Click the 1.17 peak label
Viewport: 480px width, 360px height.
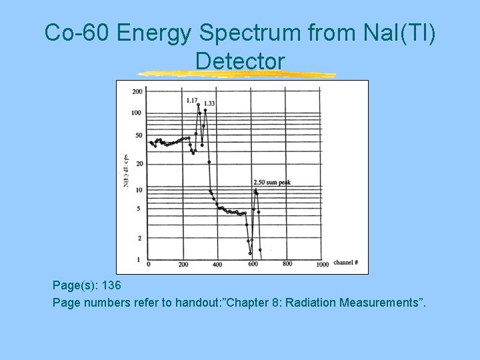(192, 100)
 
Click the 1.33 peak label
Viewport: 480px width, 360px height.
(209, 103)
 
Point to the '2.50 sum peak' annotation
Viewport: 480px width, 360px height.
(271, 181)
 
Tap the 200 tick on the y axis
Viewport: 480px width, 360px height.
(137, 91)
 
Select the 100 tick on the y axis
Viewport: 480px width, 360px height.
(137, 113)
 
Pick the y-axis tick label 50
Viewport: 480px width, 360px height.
(138, 135)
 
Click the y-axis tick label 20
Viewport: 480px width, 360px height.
(138, 163)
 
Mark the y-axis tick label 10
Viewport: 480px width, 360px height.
(138, 190)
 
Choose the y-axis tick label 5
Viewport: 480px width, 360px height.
(139, 209)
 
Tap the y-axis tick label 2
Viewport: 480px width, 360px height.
(139, 238)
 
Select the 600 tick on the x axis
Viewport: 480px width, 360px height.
(253, 265)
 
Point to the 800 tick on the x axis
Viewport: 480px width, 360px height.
(287, 264)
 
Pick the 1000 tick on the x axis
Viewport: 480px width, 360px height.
(322, 265)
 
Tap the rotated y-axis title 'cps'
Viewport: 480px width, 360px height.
(127, 160)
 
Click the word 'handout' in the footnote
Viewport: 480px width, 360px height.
(197, 303)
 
